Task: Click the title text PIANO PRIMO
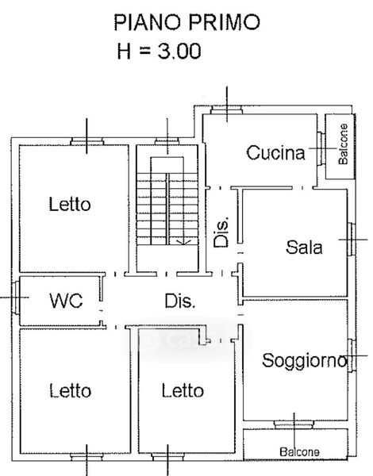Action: click(186, 22)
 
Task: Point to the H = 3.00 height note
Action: click(160, 51)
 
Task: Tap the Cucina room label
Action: click(275, 152)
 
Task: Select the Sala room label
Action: click(304, 247)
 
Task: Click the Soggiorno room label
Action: click(304, 361)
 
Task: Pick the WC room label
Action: click(66, 301)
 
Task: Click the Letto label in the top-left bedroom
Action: click(70, 204)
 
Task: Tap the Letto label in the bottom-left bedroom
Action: click(70, 390)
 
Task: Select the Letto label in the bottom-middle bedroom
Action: click(183, 390)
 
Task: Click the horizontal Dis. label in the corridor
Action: click(180, 301)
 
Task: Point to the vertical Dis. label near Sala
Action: click(221, 232)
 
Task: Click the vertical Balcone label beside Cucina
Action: click(343, 144)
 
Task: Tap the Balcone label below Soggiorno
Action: click(299, 452)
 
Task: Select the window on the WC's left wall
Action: click(16, 297)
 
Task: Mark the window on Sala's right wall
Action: click(352, 240)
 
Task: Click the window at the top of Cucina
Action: click(227, 109)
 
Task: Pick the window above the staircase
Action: click(167, 141)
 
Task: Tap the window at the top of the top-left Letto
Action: click(87, 141)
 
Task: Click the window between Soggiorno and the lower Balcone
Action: click(294, 424)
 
